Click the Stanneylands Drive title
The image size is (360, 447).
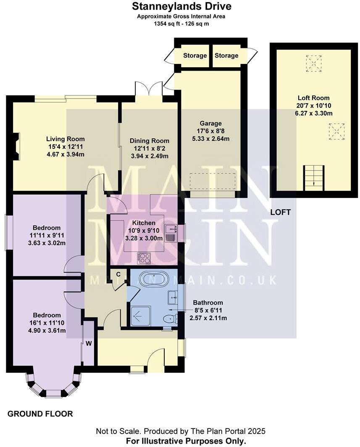(x=181, y=6)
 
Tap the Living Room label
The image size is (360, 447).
(x=65, y=139)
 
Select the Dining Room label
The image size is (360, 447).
(x=150, y=141)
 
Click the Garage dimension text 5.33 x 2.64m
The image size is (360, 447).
(x=210, y=139)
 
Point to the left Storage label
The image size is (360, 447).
(x=195, y=55)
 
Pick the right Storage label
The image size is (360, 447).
(x=226, y=55)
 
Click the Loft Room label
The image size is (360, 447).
(x=313, y=98)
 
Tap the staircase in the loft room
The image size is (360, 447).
(x=314, y=178)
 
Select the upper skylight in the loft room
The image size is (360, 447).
(x=313, y=63)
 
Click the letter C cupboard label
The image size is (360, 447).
(x=118, y=274)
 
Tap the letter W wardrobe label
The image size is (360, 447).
(x=89, y=344)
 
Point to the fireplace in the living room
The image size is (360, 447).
(x=16, y=147)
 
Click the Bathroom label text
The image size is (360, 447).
(x=208, y=303)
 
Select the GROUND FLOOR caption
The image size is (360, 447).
(x=40, y=414)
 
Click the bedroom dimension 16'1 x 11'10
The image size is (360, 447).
(x=47, y=323)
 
